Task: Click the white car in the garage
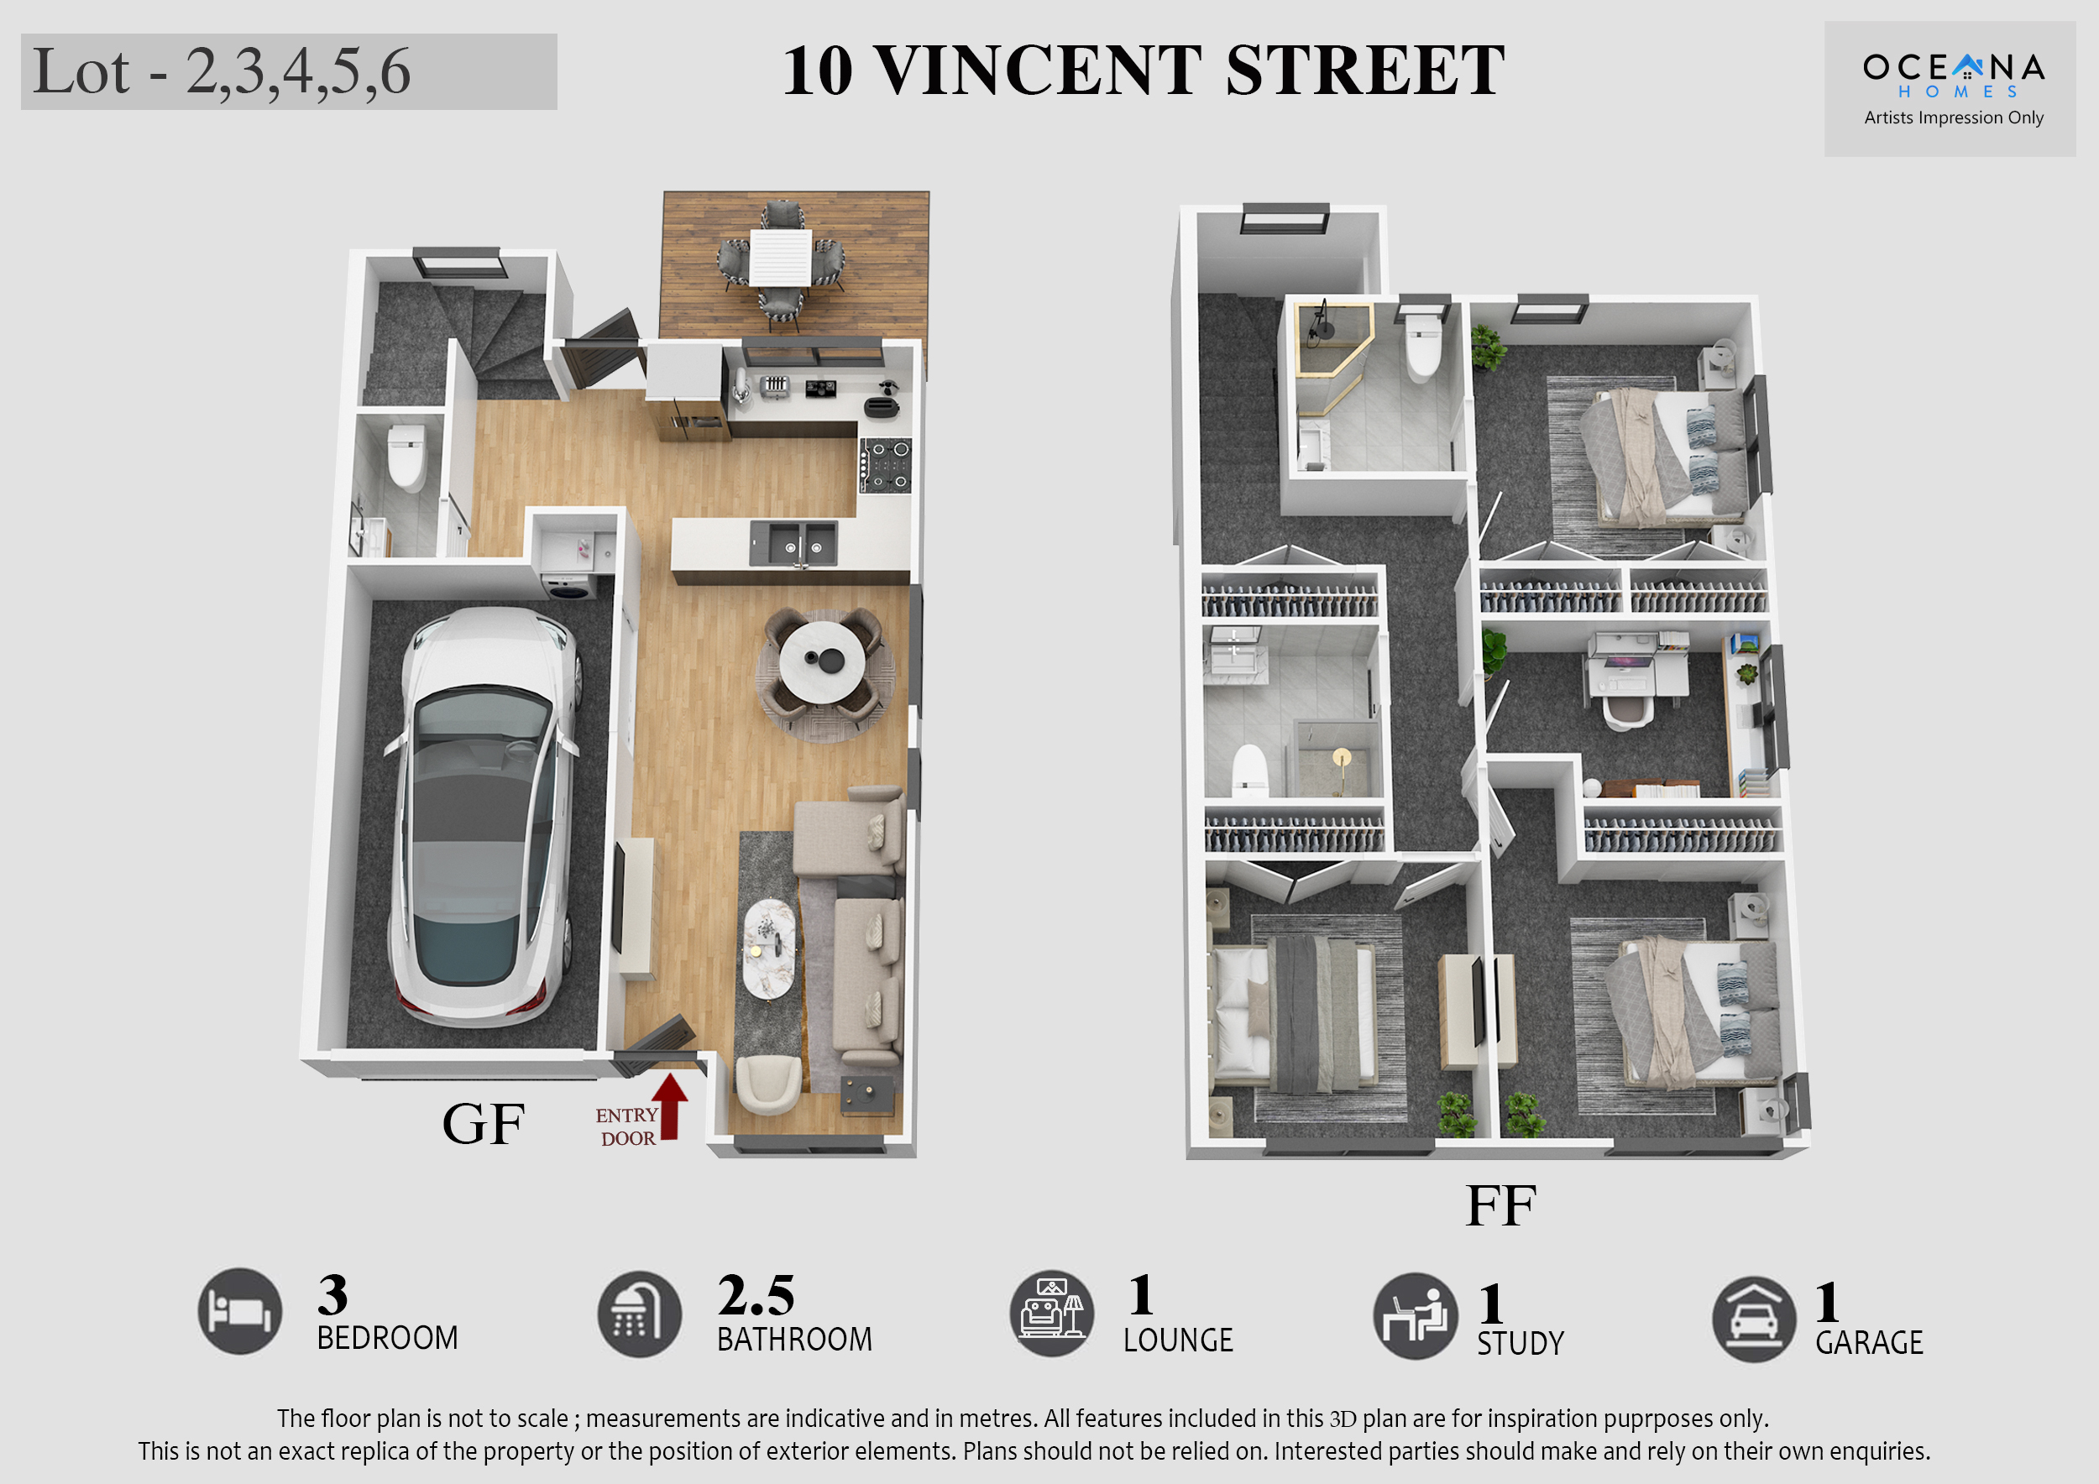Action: coord(484,816)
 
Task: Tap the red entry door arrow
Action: coord(670,1105)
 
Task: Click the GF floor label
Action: coord(483,1124)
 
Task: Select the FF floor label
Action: coord(1500,1205)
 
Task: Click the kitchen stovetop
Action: coord(885,466)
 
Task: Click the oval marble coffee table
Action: coord(768,949)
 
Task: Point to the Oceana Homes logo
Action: coord(1954,76)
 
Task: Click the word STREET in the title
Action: coord(1364,71)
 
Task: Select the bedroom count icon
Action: coord(239,1311)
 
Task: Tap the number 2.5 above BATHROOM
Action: coord(756,1295)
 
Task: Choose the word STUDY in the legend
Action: coord(1521,1343)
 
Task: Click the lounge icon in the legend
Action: coord(1051,1313)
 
